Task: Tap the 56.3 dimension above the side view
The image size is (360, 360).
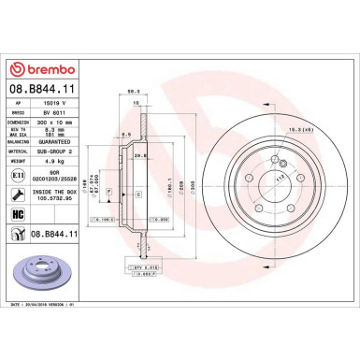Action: click(148, 90)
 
